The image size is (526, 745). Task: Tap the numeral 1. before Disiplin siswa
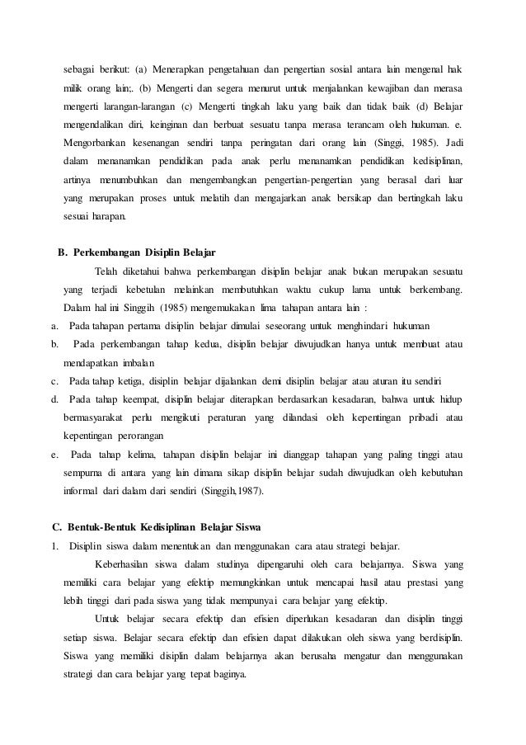(x=54, y=545)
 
